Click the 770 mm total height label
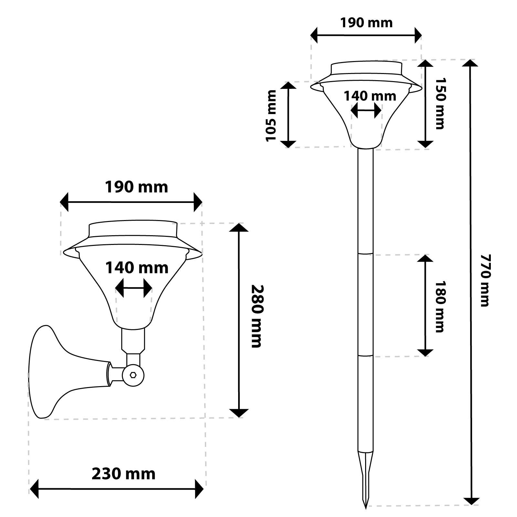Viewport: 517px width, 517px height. tap(485, 280)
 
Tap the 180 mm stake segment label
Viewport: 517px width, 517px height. tap(440, 306)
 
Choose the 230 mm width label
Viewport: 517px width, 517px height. tap(124, 474)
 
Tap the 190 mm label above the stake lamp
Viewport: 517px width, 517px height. tap(366, 23)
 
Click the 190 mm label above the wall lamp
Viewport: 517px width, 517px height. tap(137, 187)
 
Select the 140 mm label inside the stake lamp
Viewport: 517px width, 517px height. tap(370, 96)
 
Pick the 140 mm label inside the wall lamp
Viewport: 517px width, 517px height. tap(137, 268)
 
